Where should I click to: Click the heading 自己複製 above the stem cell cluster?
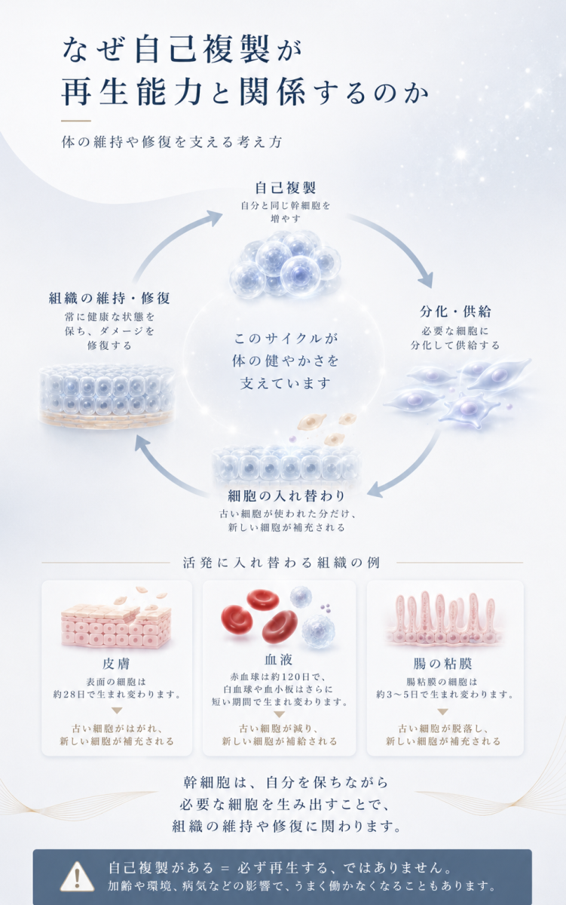point(286,188)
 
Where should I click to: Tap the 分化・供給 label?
point(455,311)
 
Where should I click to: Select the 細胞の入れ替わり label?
point(286,495)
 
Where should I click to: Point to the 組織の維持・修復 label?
point(109,298)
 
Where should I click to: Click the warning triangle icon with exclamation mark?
point(77,876)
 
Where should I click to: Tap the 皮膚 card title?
point(116,664)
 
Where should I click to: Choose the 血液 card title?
point(279,659)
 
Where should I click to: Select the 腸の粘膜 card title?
point(443,664)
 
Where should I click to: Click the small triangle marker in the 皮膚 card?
point(117,710)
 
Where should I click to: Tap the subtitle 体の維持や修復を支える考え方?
point(172,142)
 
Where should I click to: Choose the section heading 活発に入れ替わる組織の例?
point(281,563)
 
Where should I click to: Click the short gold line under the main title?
point(76,121)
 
